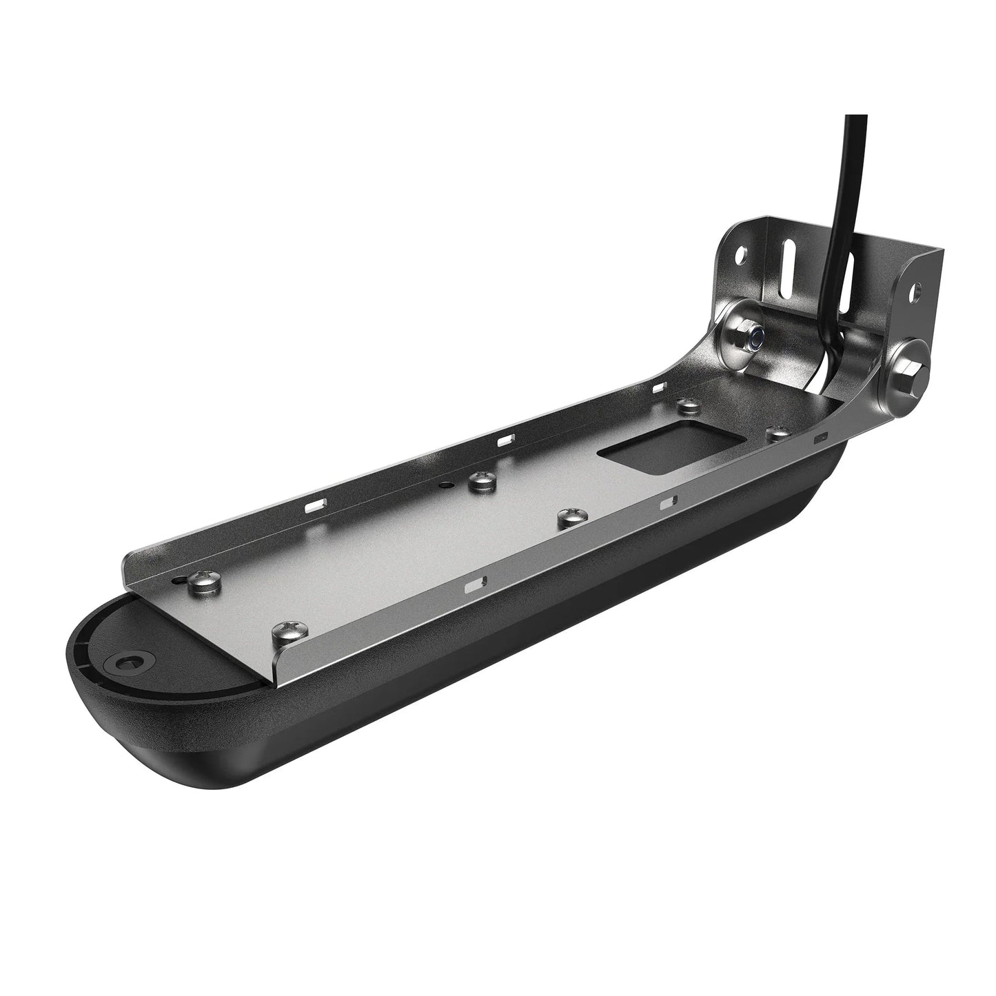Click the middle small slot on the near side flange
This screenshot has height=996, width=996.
tap(667, 505)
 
